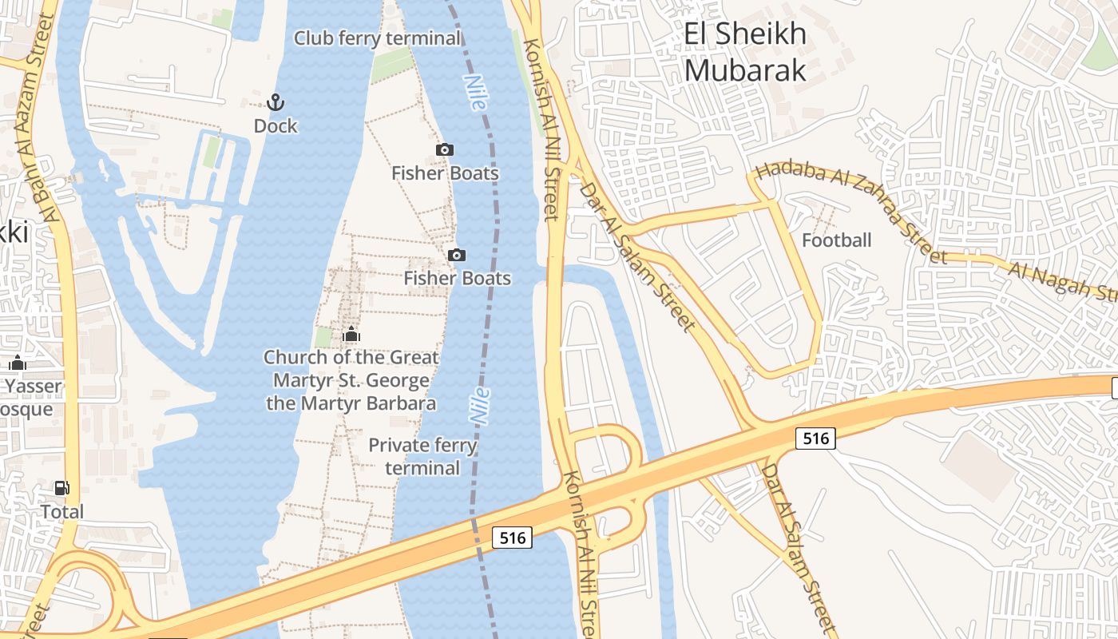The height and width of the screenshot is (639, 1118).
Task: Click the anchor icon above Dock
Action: [x=276, y=102]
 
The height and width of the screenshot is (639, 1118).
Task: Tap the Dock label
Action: [x=276, y=126]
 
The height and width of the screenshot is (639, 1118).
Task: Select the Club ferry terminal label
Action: [x=378, y=38]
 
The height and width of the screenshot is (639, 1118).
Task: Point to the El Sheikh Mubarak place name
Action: [x=745, y=52]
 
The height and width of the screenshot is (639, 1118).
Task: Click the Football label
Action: [x=837, y=240]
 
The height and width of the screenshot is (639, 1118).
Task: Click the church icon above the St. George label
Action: [x=351, y=334]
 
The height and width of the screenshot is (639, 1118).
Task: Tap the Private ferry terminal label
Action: [x=422, y=456]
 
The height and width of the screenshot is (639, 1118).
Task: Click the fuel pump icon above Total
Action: [x=61, y=488]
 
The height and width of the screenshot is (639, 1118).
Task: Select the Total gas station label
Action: [x=62, y=511]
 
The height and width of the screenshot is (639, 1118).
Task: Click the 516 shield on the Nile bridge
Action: [x=512, y=538]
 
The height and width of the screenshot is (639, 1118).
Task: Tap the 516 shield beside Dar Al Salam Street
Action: [x=815, y=438]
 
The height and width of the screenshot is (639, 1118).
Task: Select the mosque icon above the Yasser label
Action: [x=18, y=364]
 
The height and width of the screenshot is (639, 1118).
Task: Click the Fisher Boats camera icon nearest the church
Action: [x=457, y=255]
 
